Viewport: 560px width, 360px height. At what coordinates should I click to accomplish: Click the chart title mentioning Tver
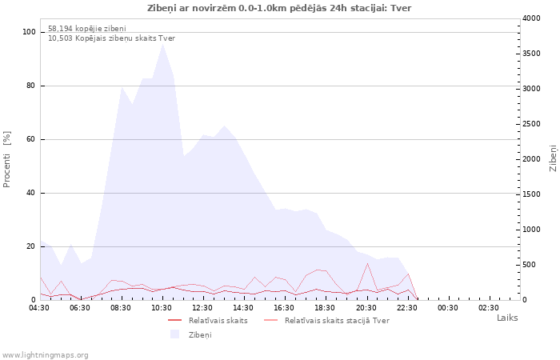279,8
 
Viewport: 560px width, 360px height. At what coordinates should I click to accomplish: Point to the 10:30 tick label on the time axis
162,308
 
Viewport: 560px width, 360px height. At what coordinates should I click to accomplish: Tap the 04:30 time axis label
39,308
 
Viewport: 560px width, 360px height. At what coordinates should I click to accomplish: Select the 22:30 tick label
406,308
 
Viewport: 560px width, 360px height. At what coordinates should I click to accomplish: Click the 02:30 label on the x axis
488,308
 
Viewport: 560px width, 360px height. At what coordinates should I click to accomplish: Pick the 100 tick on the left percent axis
29,32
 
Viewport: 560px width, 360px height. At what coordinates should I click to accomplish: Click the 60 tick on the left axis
30,139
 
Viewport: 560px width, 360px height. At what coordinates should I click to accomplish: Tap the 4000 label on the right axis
531,18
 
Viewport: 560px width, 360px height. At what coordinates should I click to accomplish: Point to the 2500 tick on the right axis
531,124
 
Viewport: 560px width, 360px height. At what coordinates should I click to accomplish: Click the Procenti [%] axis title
7,159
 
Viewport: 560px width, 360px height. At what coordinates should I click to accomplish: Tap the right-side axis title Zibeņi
554,158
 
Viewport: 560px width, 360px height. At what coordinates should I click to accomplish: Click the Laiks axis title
507,318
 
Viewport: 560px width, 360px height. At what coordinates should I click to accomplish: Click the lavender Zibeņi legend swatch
174,334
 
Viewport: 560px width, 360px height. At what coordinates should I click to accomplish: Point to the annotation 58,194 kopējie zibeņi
87,28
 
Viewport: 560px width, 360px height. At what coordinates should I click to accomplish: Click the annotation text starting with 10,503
111,38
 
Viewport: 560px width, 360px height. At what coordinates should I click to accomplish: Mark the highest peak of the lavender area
163,44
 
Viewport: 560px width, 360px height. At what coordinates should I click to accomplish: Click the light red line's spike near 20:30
367,263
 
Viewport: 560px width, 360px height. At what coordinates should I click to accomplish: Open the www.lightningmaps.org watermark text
45,355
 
